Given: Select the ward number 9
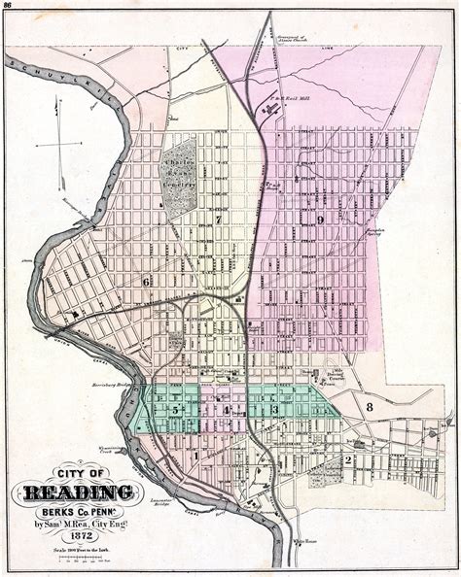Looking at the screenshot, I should (x=319, y=220).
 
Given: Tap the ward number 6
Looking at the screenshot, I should (x=147, y=282).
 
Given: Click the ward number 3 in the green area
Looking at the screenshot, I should (x=275, y=410).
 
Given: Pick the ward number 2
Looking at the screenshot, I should (x=347, y=459).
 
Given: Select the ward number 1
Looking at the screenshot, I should (x=195, y=453).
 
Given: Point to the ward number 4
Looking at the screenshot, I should (x=226, y=410).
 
